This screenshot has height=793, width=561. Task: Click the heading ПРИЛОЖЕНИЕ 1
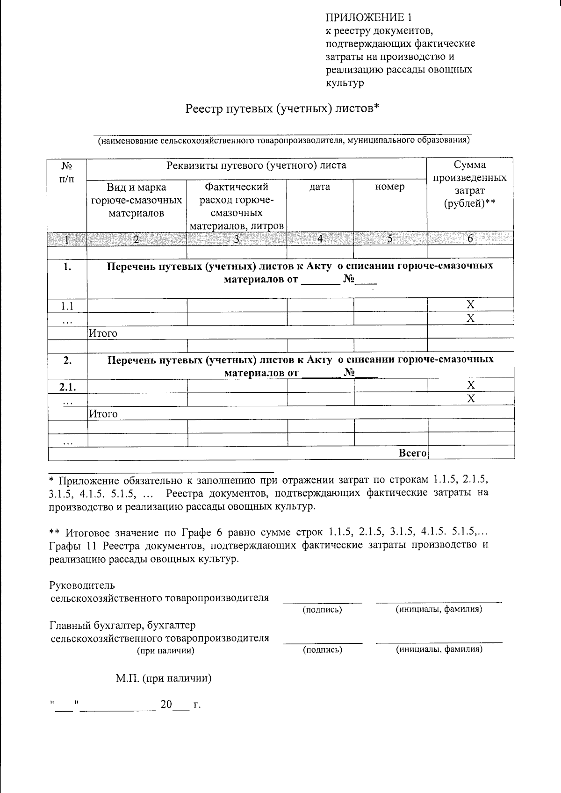369,18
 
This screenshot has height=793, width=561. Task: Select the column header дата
320,187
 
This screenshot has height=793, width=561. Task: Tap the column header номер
390,187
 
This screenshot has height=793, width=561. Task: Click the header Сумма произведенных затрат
470,184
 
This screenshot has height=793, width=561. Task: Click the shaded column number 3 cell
237,239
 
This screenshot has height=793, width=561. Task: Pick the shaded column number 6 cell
470,239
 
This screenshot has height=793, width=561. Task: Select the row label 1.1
67,306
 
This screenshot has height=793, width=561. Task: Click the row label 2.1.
67,387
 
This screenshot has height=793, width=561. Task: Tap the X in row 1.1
471,305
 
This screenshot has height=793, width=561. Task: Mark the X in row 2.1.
471,385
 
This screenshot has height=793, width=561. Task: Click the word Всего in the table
412,453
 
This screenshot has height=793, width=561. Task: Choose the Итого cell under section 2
103,414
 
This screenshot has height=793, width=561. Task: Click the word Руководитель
82,585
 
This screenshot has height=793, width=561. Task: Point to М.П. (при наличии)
164,678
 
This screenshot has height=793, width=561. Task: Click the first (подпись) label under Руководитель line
322,610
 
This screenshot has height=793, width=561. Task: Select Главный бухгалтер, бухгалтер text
122,625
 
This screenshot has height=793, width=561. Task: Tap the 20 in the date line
166,705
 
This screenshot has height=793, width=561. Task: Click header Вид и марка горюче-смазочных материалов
137,200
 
